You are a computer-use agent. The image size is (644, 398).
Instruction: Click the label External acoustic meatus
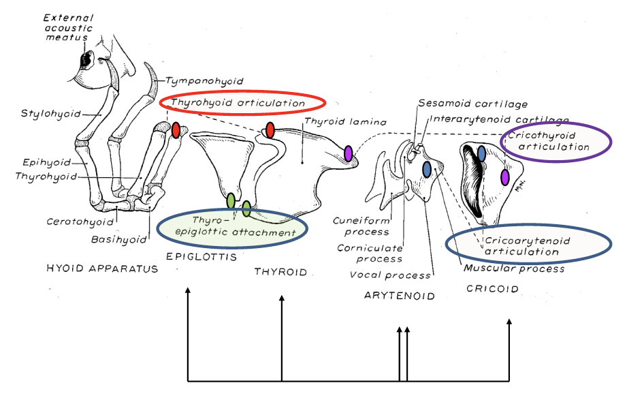tap(65, 27)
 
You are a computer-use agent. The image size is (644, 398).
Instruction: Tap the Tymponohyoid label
tap(198, 80)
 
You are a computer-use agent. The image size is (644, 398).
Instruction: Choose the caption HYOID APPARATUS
tap(102, 269)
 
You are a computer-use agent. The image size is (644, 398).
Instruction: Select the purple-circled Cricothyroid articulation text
tap(556, 141)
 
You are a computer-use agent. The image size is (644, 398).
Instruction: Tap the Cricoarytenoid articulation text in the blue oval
tap(527, 246)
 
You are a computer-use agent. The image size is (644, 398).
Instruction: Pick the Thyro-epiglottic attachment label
tap(234, 227)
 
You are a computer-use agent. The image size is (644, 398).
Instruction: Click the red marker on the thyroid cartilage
tap(270, 129)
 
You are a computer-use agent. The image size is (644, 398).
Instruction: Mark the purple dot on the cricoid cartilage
tap(505, 177)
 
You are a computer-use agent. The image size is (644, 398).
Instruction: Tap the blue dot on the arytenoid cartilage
tap(427, 168)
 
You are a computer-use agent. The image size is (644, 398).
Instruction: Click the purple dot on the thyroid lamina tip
tap(349, 154)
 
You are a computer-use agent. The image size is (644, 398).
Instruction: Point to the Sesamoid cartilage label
tap(472, 104)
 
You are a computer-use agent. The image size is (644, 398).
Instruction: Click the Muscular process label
tap(524, 269)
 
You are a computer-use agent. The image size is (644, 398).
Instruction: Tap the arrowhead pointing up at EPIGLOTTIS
tap(188, 292)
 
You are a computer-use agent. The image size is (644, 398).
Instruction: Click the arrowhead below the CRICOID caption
tap(509, 321)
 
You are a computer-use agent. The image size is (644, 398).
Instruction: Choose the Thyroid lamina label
tap(345, 122)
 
